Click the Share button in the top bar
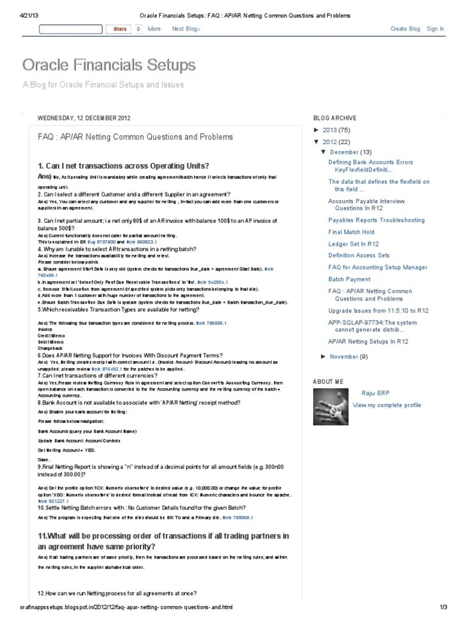point(119,29)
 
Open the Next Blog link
point(185,29)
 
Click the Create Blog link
point(405,29)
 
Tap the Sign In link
point(435,29)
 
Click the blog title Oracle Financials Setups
point(109,64)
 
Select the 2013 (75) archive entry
point(336,130)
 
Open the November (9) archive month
point(348,357)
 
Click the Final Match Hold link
point(351,232)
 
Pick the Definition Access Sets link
point(359,256)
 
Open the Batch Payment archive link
point(349,279)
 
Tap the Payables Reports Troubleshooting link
point(376,220)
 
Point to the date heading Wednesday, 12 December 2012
point(83,118)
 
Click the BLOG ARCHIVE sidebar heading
point(334,118)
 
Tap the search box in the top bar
point(71,29)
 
